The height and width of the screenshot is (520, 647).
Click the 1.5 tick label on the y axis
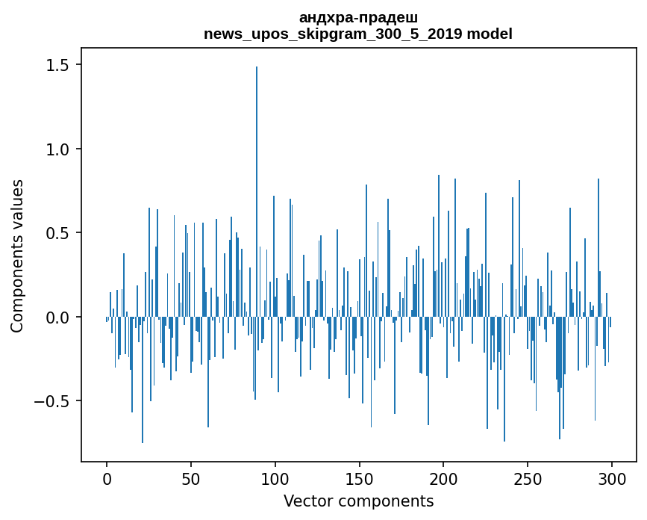(57, 66)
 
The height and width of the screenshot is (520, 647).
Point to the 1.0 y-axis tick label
(57, 149)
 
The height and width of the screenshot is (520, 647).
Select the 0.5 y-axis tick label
(57, 233)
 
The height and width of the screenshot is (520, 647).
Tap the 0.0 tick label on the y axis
(57, 318)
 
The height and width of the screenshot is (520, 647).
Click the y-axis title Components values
(18, 256)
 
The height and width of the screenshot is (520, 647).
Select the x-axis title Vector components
(358, 501)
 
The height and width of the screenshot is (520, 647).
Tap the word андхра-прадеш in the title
(358, 18)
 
